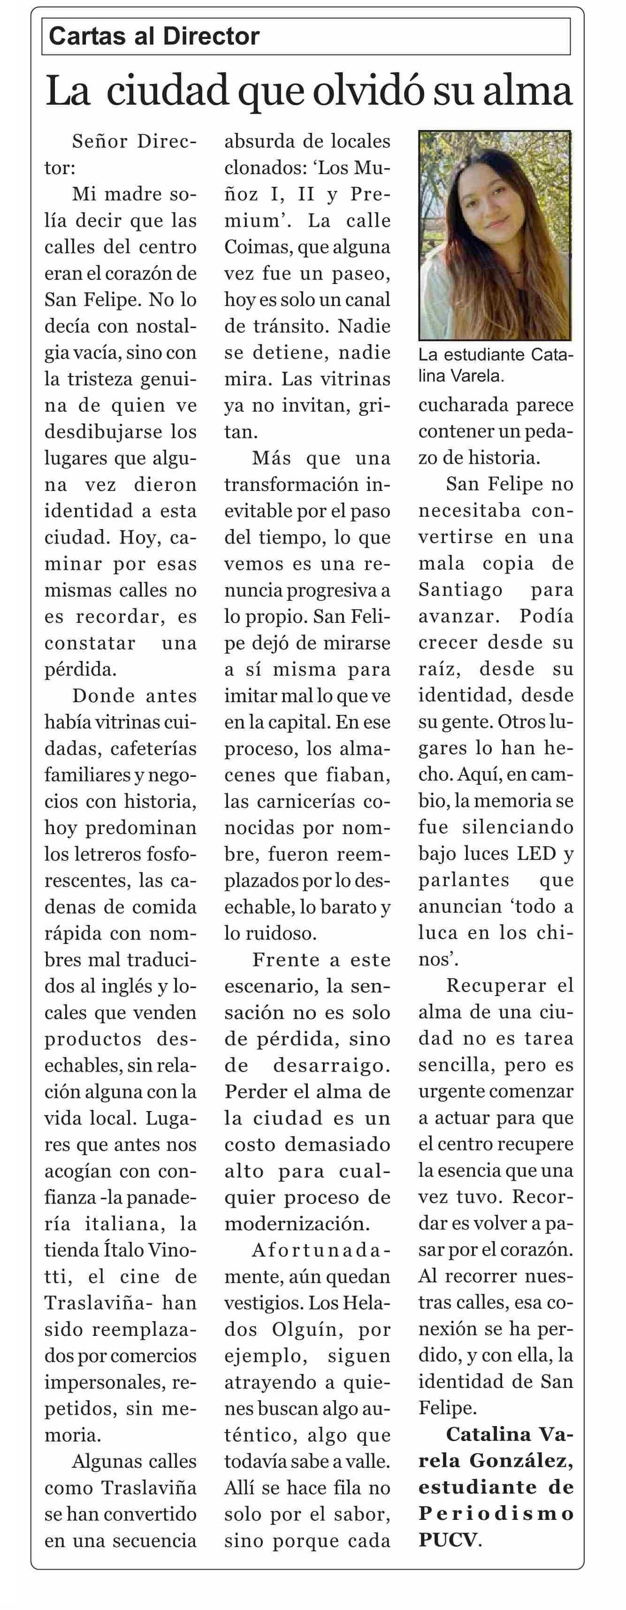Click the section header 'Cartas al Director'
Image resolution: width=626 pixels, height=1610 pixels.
tap(154, 36)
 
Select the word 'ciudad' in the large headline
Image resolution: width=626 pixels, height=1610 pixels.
tap(168, 91)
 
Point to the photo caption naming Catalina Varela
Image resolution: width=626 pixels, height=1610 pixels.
tap(495, 366)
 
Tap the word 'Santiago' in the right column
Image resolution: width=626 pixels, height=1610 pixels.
tap(460, 590)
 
